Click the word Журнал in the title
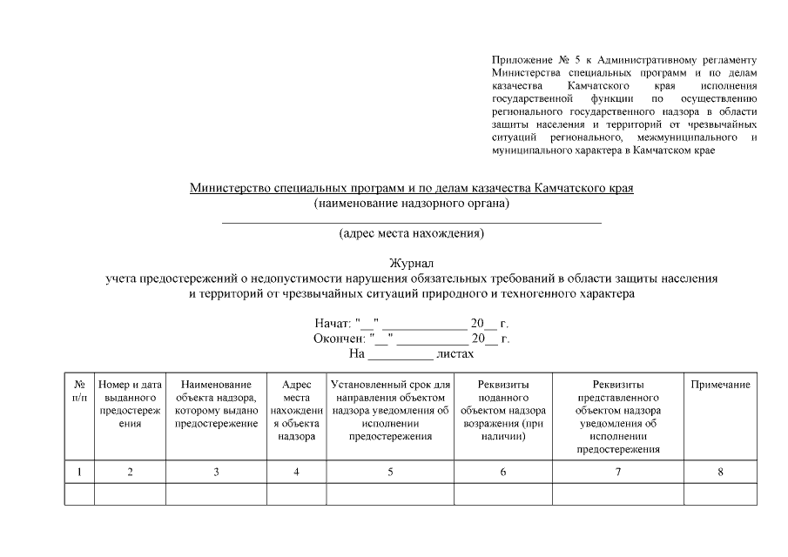click(412, 264)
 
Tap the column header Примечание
click(720, 385)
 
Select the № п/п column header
click(79, 391)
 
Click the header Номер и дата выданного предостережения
click(130, 404)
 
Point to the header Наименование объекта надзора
click(216, 404)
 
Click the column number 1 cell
click(79, 472)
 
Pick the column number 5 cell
click(390, 472)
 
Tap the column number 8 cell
click(720, 472)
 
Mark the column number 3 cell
click(216, 472)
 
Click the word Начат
click(333, 323)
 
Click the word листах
click(455, 354)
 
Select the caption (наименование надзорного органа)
click(412, 204)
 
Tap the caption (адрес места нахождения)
click(412, 233)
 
